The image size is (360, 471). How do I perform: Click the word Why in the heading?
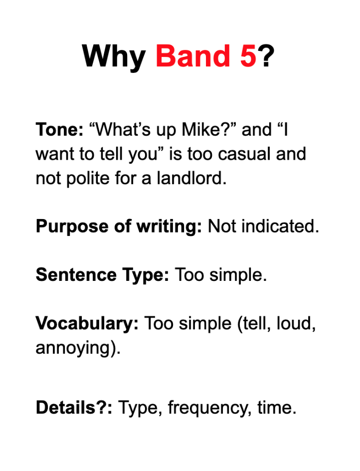(114, 57)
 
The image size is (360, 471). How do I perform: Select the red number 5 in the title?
(248, 56)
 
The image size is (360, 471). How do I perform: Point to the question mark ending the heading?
(266, 55)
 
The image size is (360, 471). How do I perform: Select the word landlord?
(191, 178)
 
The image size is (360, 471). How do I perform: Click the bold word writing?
(170, 226)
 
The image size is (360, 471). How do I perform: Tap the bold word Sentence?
(76, 275)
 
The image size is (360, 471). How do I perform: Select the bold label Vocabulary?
(87, 324)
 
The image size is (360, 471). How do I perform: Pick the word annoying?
(75, 348)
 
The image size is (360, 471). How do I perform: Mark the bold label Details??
(74, 407)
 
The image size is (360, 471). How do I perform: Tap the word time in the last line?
(277, 407)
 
